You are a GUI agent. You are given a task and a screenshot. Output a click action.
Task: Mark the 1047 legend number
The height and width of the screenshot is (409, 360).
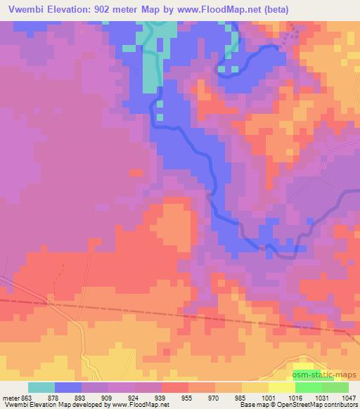tap(349, 397)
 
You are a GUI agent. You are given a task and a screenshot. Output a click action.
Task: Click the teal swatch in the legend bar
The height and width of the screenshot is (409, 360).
tap(41, 387)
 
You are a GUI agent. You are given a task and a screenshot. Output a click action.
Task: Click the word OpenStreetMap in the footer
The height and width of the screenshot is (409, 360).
tap(300, 405)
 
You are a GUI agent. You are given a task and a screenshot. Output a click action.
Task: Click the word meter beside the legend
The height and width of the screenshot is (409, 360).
tap(12, 397)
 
